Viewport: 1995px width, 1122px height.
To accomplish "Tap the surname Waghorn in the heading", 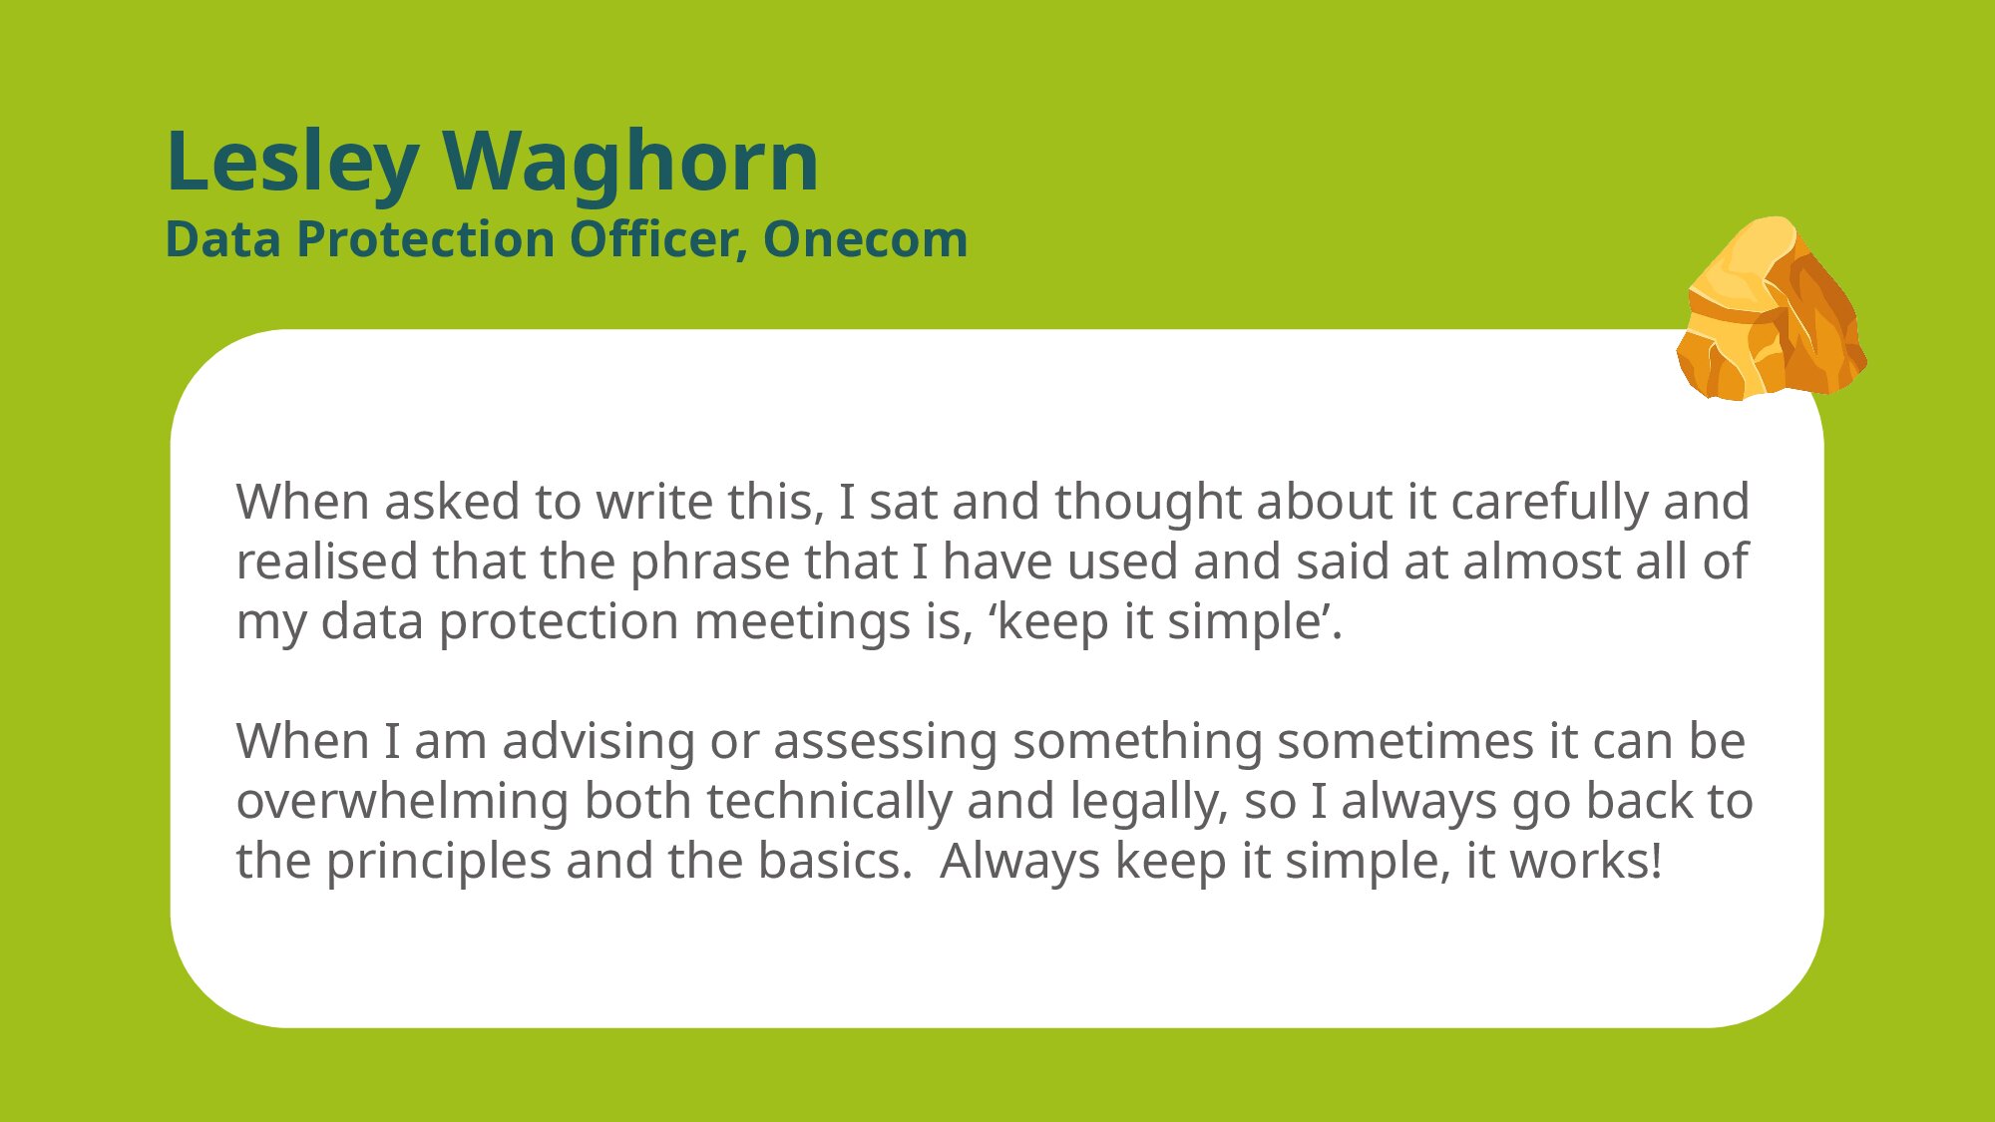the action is coord(630,162).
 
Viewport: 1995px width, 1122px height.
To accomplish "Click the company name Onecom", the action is coord(866,239).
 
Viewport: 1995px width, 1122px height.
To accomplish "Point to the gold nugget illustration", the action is coord(1771,309).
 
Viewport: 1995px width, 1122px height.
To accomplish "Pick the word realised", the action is coord(326,561).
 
